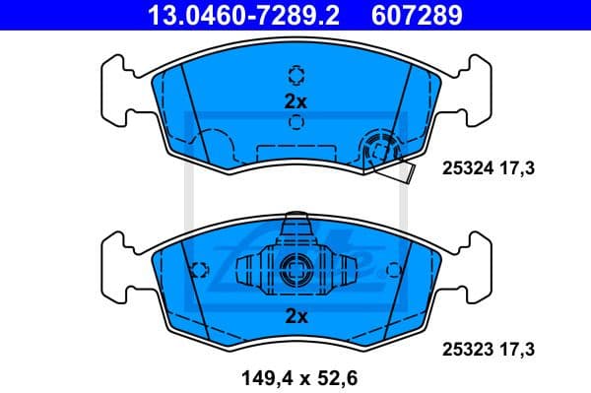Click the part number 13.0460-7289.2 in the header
[228, 15]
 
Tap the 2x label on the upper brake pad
[296, 100]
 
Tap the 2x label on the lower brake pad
[296, 315]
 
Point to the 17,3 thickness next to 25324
[519, 170]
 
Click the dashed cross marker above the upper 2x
[296, 76]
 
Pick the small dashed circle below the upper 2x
[296, 123]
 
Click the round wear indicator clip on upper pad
[377, 149]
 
